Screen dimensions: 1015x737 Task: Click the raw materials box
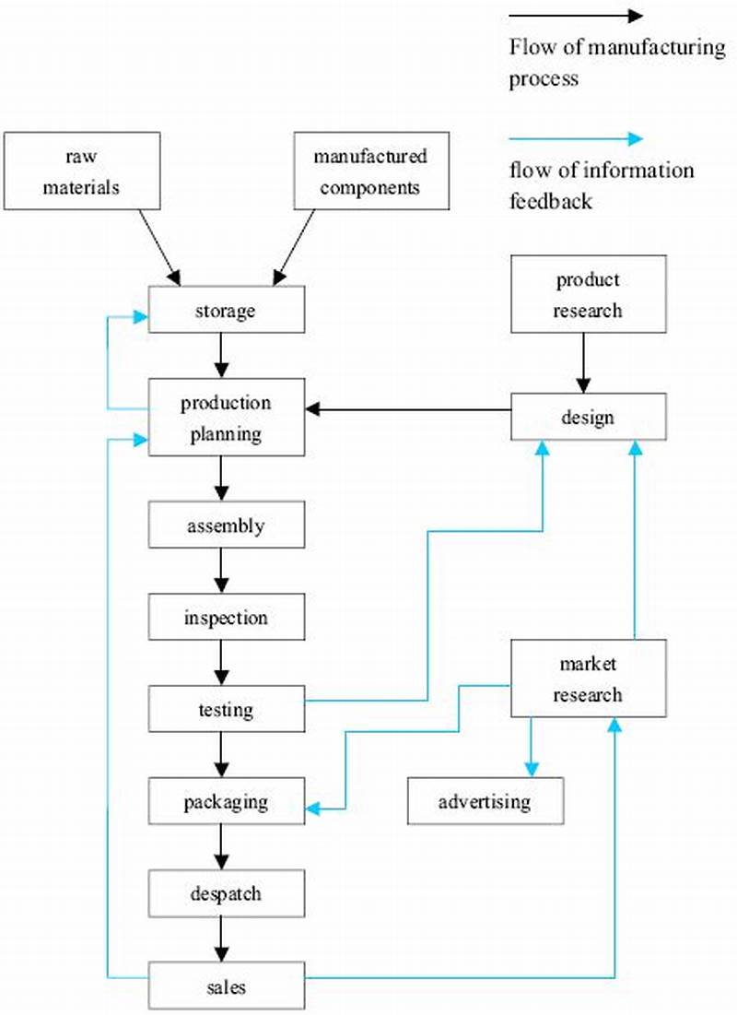tap(82, 171)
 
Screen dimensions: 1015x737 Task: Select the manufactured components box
tap(370, 171)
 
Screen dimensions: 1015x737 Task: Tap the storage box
tap(227, 312)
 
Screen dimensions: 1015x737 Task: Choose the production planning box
tap(227, 418)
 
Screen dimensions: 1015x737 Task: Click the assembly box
tap(227, 526)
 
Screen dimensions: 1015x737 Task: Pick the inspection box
tap(227, 618)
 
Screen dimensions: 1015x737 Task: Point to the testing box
tap(227, 710)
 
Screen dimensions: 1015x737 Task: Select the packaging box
tap(227, 801)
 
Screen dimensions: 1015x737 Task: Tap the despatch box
tap(227, 893)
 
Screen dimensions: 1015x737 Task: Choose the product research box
tap(588, 294)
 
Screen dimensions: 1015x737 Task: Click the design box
tap(588, 417)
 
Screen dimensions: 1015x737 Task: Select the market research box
tap(588, 679)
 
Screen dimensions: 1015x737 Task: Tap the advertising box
tap(485, 800)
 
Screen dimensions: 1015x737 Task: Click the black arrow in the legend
tap(576, 16)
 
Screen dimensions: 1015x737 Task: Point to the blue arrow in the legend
tap(576, 139)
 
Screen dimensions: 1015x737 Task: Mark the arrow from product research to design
tap(582, 362)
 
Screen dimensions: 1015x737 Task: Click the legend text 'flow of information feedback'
tap(601, 185)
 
